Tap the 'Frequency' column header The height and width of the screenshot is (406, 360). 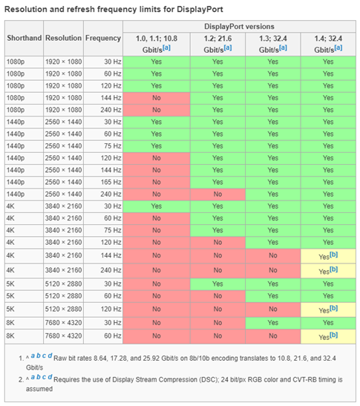point(102,37)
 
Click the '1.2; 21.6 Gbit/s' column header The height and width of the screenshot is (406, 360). point(217,42)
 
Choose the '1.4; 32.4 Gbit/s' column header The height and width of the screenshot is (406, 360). point(328,42)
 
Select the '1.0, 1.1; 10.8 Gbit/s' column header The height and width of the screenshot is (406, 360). point(156,42)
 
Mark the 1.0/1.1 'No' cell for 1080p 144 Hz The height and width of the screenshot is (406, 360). point(156,98)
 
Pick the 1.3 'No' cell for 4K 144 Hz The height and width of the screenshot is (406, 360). point(272,255)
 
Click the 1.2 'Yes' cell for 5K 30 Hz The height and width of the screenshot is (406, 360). point(217,284)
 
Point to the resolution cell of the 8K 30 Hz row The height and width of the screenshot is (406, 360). point(63,323)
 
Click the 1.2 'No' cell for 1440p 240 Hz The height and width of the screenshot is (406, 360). point(217,193)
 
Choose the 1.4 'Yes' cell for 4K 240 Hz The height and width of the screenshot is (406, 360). point(328,270)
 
